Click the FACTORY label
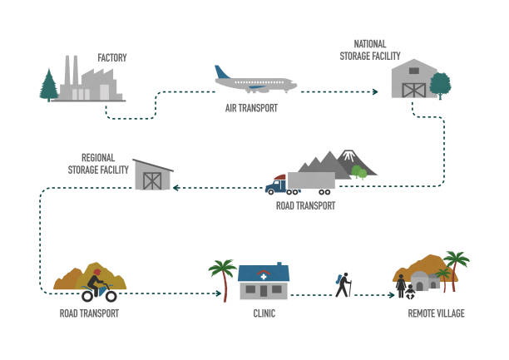coord(112,57)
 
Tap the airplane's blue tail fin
coord(221,72)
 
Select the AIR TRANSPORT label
coord(251,108)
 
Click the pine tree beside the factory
coord(49,86)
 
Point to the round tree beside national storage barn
coord(440,85)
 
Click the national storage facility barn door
coord(414,91)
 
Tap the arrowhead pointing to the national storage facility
coord(375,91)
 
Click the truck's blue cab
coord(275,185)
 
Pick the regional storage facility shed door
coord(152,181)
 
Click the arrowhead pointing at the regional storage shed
coord(176,188)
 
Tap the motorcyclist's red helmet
coord(97,272)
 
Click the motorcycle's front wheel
coord(111,296)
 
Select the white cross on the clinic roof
coord(264,277)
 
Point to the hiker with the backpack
coord(343,285)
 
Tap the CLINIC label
coord(264,313)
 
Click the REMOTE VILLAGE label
coord(436,313)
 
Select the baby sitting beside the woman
coord(410,292)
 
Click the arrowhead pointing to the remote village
coord(392,295)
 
